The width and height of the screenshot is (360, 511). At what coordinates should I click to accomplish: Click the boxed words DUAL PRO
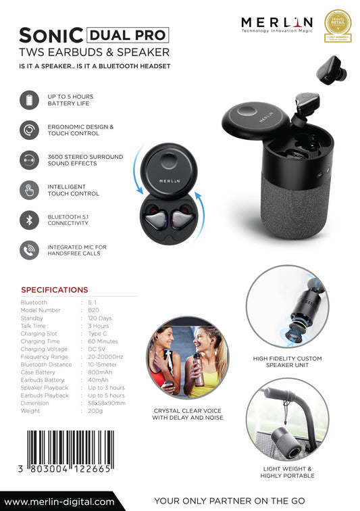pyautogui.click(x=127, y=34)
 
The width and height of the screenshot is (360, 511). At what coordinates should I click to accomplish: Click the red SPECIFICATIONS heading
pyautogui.click(x=54, y=290)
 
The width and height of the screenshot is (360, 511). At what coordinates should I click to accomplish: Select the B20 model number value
pyautogui.click(x=93, y=310)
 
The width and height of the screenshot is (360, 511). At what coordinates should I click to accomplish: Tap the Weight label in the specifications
pyautogui.click(x=30, y=411)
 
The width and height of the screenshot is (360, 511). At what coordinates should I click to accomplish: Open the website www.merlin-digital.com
pyautogui.click(x=59, y=502)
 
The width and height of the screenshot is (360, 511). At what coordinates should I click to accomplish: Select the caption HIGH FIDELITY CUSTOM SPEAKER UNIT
pyautogui.click(x=288, y=363)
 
